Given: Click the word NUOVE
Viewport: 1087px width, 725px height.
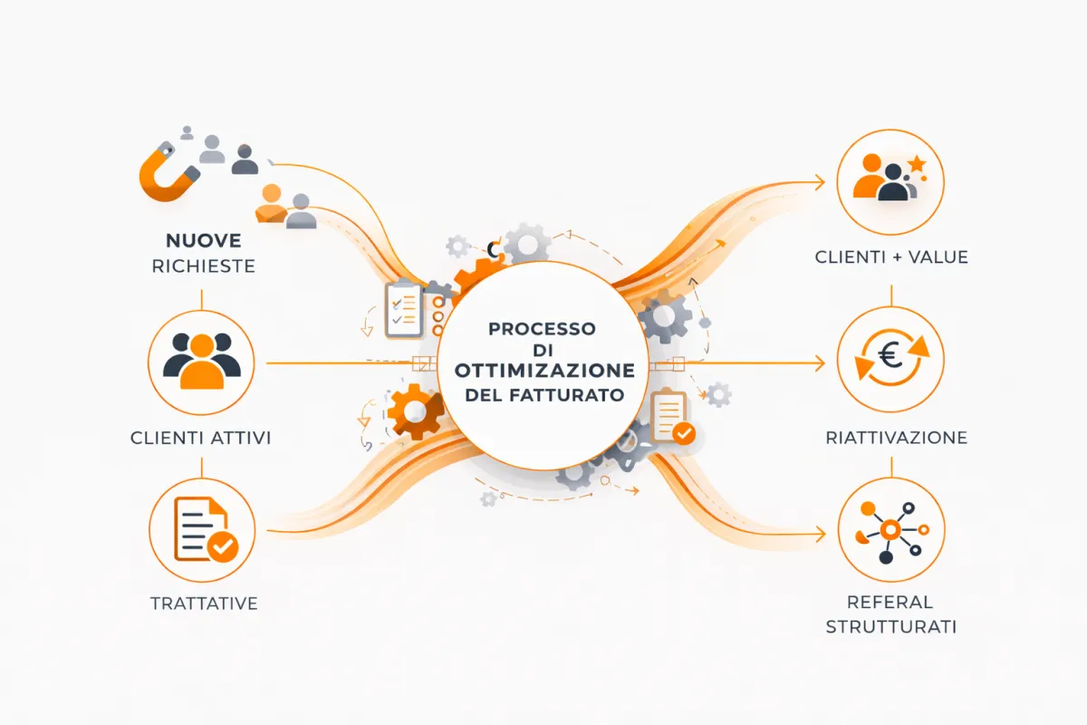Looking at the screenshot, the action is [203, 241].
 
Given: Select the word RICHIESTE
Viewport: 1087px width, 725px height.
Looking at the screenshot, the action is [203, 266].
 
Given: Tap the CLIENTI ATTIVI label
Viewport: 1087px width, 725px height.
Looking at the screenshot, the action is [200, 438].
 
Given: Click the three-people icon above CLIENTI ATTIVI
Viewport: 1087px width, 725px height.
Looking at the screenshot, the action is [202, 361].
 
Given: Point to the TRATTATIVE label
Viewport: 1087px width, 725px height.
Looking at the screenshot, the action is [204, 604].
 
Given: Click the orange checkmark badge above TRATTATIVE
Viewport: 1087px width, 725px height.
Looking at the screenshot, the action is [223, 546].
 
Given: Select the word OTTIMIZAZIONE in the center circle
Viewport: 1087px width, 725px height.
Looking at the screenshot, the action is [544, 371].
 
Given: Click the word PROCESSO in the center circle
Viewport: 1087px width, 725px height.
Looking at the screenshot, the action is [542, 329].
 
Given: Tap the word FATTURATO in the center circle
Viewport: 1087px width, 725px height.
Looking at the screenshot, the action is [567, 395].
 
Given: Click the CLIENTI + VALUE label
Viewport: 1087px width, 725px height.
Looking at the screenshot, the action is [891, 256].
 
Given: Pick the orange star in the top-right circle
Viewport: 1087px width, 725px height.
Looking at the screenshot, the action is [917, 164].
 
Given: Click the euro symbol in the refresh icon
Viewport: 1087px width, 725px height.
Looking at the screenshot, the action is [890, 356].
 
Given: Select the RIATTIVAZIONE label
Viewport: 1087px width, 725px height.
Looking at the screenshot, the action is [896, 438].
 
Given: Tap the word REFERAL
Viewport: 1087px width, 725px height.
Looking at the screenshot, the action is [890, 602].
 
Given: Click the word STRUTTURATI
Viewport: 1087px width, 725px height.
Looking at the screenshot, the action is [891, 627].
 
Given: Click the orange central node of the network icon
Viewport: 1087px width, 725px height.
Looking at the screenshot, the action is [890, 530].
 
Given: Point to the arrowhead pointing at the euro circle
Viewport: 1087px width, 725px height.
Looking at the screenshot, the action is [820, 363].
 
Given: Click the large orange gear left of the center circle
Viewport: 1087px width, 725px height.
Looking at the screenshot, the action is [416, 411].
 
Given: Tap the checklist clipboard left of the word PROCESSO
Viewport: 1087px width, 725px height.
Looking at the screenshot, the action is [403, 309].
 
